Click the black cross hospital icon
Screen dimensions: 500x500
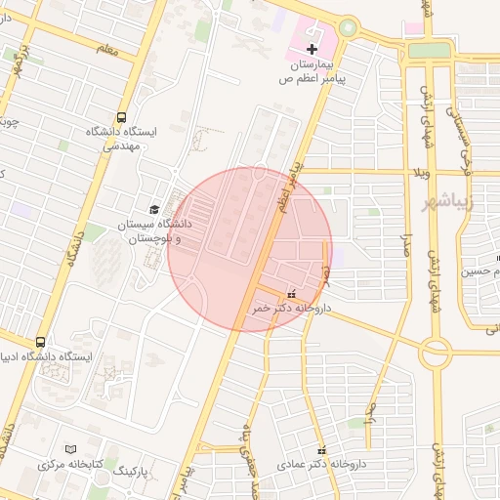click(312, 49)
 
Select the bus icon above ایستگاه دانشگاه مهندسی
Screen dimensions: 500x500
click(121, 116)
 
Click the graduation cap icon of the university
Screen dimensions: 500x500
click(153, 209)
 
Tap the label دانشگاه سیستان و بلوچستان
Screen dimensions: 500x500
click(154, 230)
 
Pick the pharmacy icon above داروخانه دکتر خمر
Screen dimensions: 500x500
click(291, 293)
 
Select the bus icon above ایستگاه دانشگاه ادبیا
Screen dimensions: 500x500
click(40, 342)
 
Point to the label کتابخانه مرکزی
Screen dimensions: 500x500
click(70, 464)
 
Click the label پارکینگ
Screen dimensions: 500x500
click(135, 473)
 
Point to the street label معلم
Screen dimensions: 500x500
click(107, 49)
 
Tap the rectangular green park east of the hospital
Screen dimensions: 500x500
click(429, 50)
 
